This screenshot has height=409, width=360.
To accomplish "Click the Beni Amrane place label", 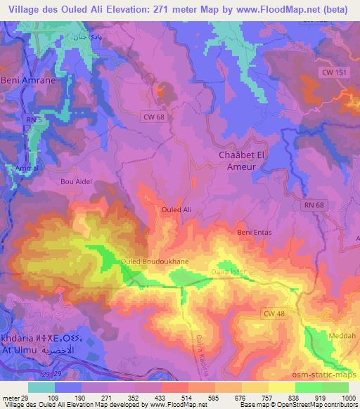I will (x=27, y=81).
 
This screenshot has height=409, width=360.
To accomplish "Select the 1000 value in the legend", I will (x=347, y=398).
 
